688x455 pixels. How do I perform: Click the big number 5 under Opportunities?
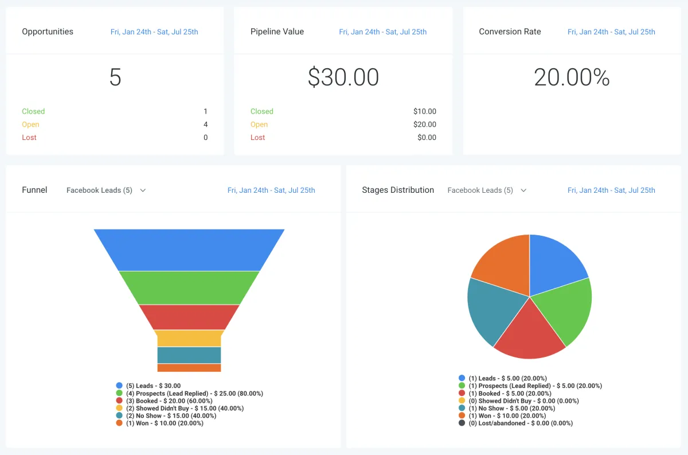pos(115,77)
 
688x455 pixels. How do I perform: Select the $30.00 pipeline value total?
pos(343,77)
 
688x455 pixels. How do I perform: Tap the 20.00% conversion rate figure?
pos(572,77)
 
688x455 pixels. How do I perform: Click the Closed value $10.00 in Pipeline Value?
pos(424,111)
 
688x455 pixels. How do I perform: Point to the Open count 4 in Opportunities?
pos(205,125)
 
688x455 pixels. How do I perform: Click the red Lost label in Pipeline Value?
pos(257,138)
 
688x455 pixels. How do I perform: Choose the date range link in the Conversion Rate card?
pos(611,32)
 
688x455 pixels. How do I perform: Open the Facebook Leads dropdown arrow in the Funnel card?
pos(143,190)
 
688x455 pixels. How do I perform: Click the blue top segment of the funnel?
pos(189,250)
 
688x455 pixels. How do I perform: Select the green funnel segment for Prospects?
pos(189,287)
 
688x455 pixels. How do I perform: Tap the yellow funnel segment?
pos(189,338)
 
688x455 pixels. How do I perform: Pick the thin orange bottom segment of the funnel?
pos(189,368)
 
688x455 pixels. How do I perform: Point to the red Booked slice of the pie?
pos(529,333)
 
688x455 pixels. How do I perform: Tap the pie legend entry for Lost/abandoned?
pos(521,423)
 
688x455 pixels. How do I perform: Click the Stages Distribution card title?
pos(398,190)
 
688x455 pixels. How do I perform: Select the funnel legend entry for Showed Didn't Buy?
pos(185,409)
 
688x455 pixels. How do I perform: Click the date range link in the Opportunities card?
pos(154,32)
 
